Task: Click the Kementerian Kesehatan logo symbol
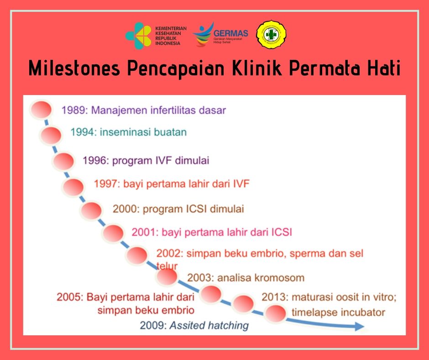pyautogui.click(x=138, y=36)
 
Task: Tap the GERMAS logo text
pyautogui.click(x=230, y=33)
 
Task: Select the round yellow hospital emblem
pyautogui.click(x=271, y=35)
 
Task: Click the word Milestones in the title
pyautogui.click(x=74, y=68)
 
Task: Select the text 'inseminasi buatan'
pyautogui.click(x=143, y=132)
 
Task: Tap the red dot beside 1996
pyautogui.click(x=63, y=161)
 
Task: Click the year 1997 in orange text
pyautogui.click(x=107, y=184)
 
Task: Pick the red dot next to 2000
pyautogui.click(x=91, y=211)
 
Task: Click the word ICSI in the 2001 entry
pyautogui.click(x=282, y=232)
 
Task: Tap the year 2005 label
pyautogui.click(x=70, y=297)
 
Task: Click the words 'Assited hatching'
pyautogui.click(x=209, y=325)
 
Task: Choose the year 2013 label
pyautogui.click(x=274, y=297)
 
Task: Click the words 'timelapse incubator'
pyautogui.click(x=339, y=312)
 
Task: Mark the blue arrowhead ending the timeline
pyautogui.click(x=360, y=326)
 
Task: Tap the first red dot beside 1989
pyautogui.click(x=41, y=110)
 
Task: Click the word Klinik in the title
pyautogui.click(x=257, y=68)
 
